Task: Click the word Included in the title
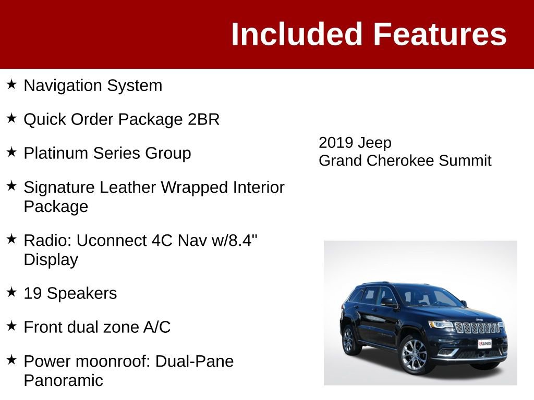pyautogui.click(x=296, y=34)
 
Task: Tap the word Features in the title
pyautogui.click(x=440, y=34)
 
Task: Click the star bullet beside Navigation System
pyautogui.click(x=12, y=84)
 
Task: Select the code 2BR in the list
pyautogui.click(x=203, y=119)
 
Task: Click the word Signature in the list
pyautogui.click(x=59, y=187)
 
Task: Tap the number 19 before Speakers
pyautogui.click(x=33, y=293)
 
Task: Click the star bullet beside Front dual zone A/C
pyautogui.click(x=12, y=326)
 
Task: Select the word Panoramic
pyautogui.click(x=63, y=380)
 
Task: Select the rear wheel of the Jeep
pyautogui.click(x=349, y=340)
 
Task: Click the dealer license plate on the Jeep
pyautogui.click(x=484, y=344)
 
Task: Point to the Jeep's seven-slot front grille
pyautogui.click(x=477, y=328)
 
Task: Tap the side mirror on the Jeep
pyautogui.click(x=387, y=301)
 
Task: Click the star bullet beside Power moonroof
pyautogui.click(x=12, y=359)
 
